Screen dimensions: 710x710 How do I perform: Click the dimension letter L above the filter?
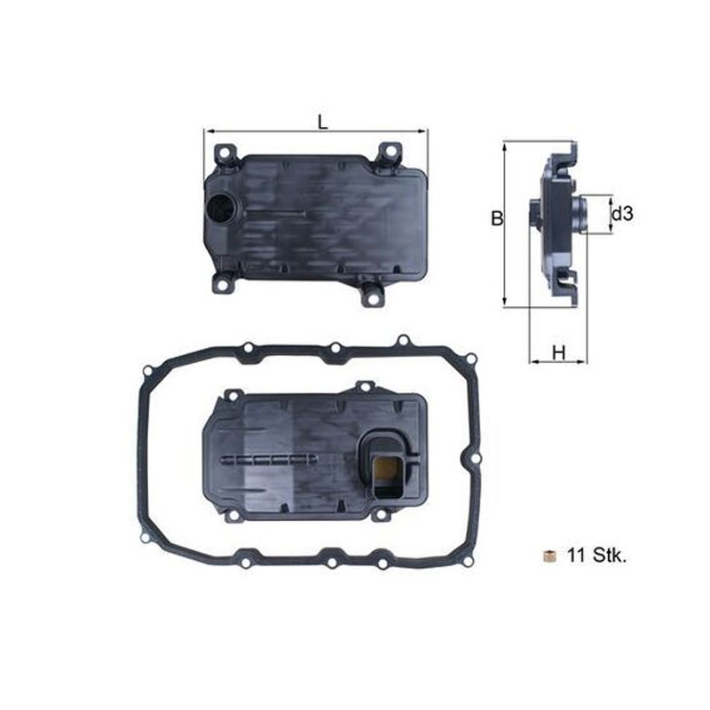coord(322,122)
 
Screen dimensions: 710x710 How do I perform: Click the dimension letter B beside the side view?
coord(497,218)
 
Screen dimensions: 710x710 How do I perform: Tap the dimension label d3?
coord(622,213)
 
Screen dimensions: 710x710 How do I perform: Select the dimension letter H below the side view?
coord(559,352)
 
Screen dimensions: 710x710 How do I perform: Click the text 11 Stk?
coord(596,556)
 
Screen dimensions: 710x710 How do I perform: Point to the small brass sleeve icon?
coord(549,556)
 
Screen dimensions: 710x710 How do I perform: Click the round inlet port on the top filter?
coord(221,209)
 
